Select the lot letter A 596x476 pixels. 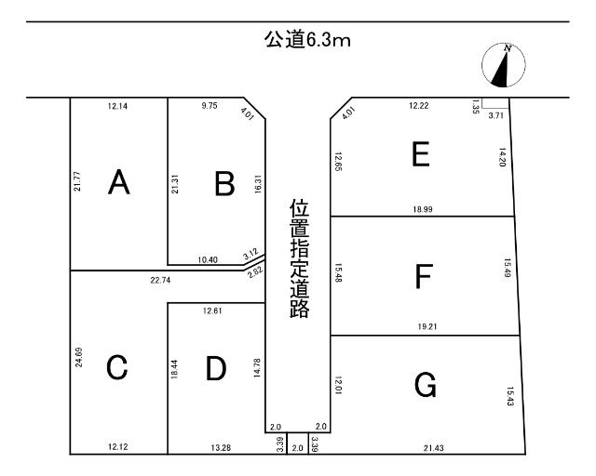click(118, 183)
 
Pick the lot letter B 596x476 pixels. click(223, 183)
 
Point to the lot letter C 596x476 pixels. click(116, 369)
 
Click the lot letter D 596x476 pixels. click(216, 369)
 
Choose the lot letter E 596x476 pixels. click(421, 154)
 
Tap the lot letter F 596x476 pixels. click(424, 276)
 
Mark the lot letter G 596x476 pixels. click(425, 385)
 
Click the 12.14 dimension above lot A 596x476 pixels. click(118, 107)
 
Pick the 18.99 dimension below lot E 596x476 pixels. click(423, 210)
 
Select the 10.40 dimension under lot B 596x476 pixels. click(209, 259)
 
